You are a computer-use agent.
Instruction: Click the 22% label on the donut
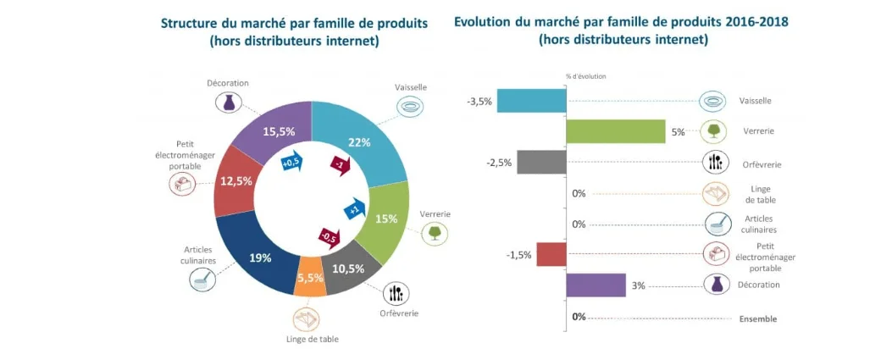tap(358, 142)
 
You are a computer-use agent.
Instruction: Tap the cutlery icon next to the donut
tap(394, 294)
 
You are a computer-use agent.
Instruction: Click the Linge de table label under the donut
tap(310, 340)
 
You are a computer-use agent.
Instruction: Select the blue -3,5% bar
tap(531, 101)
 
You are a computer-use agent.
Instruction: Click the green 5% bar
tap(615, 131)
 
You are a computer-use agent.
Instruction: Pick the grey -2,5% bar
tap(541, 163)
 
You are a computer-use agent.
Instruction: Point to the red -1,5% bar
tap(551, 254)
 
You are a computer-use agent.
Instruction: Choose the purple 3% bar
tap(596, 285)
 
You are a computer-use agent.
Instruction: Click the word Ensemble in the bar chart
tap(758, 319)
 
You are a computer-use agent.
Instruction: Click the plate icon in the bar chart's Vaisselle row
tap(713, 101)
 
